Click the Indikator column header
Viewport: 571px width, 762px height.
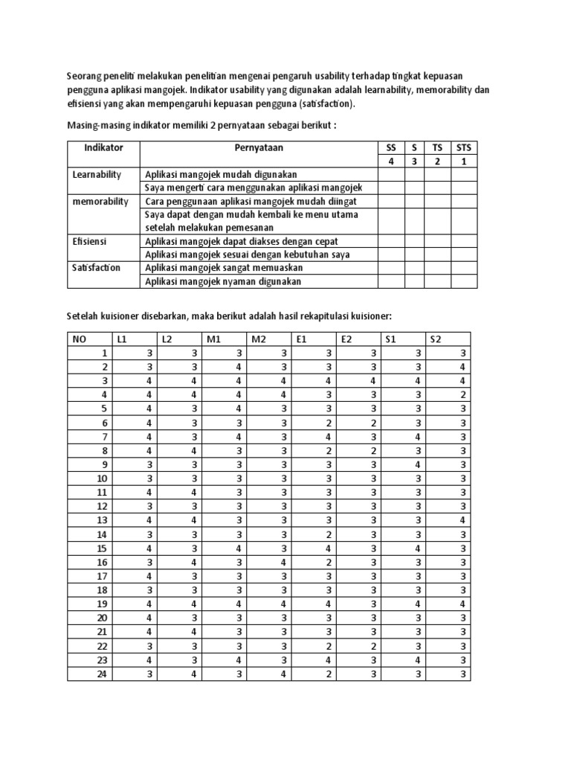pyautogui.click(x=103, y=147)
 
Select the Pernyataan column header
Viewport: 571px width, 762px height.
pyautogui.click(x=259, y=147)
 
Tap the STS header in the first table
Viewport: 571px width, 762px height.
pyautogui.click(x=463, y=147)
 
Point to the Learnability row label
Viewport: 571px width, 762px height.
pyautogui.click(x=97, y=174)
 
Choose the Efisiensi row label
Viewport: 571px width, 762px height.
pyautogui.click(x=88, y=241)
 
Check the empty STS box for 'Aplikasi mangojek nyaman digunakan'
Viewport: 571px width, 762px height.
pyautogui.click(x=463, y=281)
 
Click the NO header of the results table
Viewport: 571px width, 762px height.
pyautogui.click(x=79, y=339)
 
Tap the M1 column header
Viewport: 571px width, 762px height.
pyautogui.click(x=214, y=339)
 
